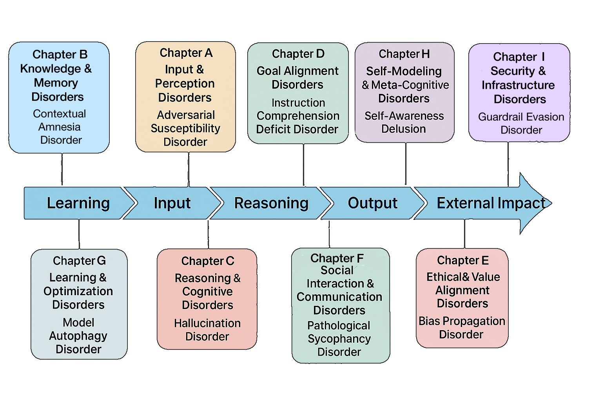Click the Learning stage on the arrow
point(78,203)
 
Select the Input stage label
point(172,203)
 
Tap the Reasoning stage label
point(271,203)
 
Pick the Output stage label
point(372,203)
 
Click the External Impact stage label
point(491,203)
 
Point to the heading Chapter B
point(60,54)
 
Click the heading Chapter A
point(186,53)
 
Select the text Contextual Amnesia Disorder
point(60,127)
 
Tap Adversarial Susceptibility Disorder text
point(185,128)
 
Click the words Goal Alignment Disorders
point(297,78)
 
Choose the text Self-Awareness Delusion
point(404,122)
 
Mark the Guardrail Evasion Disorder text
point(521,123)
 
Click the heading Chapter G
point(79,261)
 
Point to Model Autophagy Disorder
point(78,336)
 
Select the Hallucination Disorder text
point(207,330)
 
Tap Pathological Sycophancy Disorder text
point(339,338)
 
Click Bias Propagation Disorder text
point(462,328)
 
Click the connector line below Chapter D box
point(304,165)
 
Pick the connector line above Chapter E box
point(465,234)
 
